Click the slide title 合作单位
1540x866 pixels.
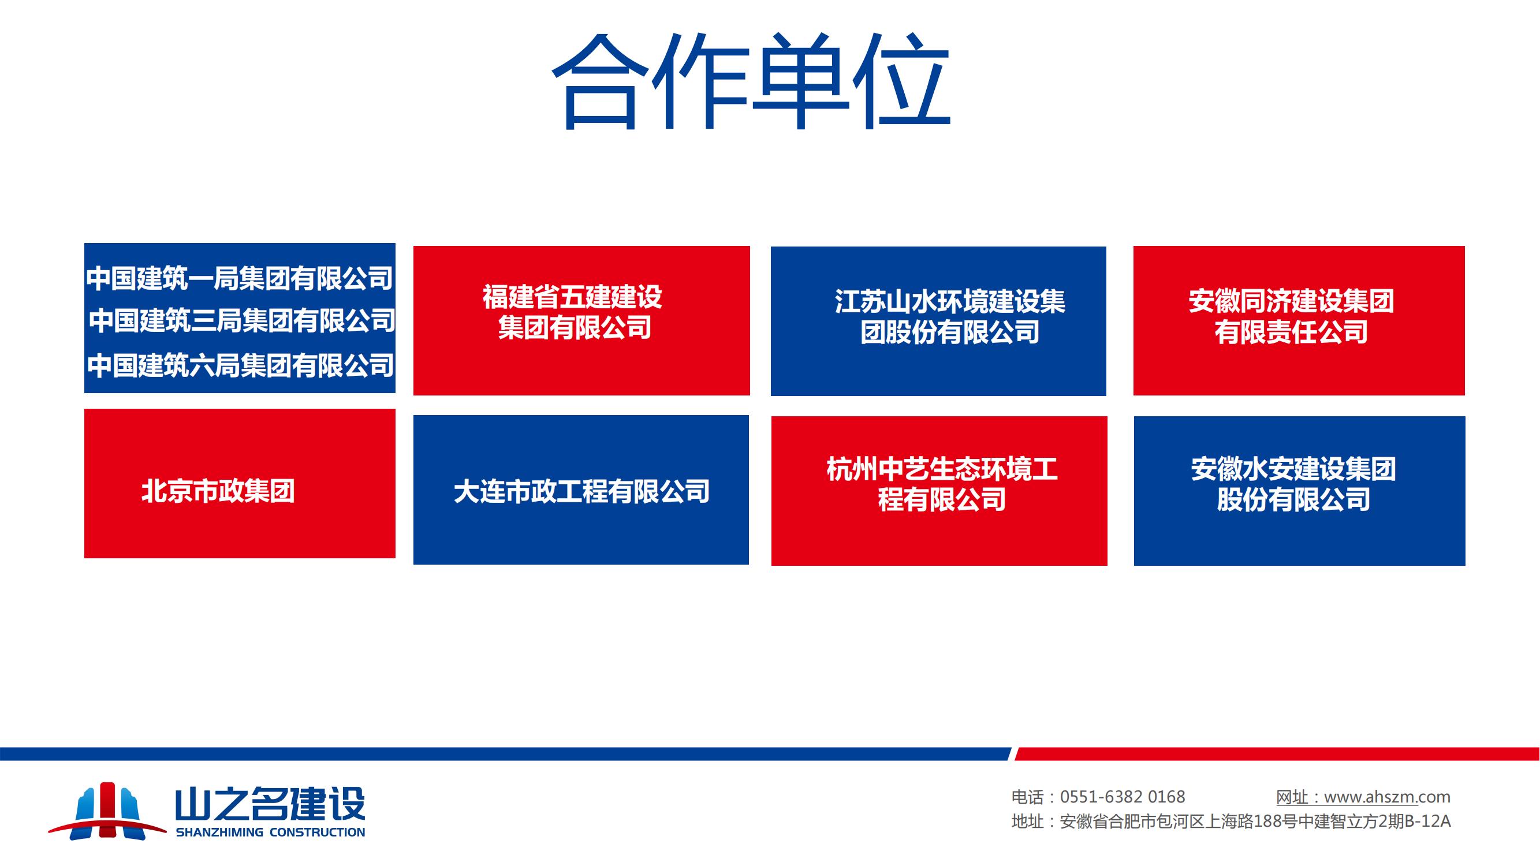(x=751, y=82)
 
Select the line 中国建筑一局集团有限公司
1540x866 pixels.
(x=239, y=278)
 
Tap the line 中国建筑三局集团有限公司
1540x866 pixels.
(x=242, y=321)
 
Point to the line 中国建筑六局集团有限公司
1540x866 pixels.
(x=240, y=365)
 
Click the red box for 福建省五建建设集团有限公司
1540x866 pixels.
(x=581, y=320)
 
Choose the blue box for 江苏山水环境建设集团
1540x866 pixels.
(x=938, y=321)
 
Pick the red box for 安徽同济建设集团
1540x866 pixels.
(x=1299, y=320)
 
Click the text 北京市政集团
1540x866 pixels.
(x=218, y=491)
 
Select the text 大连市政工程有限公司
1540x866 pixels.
(x=581, y=492)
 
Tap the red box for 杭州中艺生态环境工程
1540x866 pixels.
(x=939, y=491)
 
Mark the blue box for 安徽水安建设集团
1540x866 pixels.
(x=1300, y=491)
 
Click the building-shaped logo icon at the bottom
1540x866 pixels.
(x=107, y=811)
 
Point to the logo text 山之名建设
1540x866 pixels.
(x=270, y=804)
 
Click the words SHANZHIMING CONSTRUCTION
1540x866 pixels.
(x=270, y=832)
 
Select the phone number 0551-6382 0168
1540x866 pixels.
(x=1123, y=797)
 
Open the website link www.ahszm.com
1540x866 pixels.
(x=1387, y=797)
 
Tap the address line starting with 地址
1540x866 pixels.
(x=1231, y=822)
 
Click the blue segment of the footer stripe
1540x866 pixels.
(x=505, y=753)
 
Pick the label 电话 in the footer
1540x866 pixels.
(x=1027, y=797)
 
